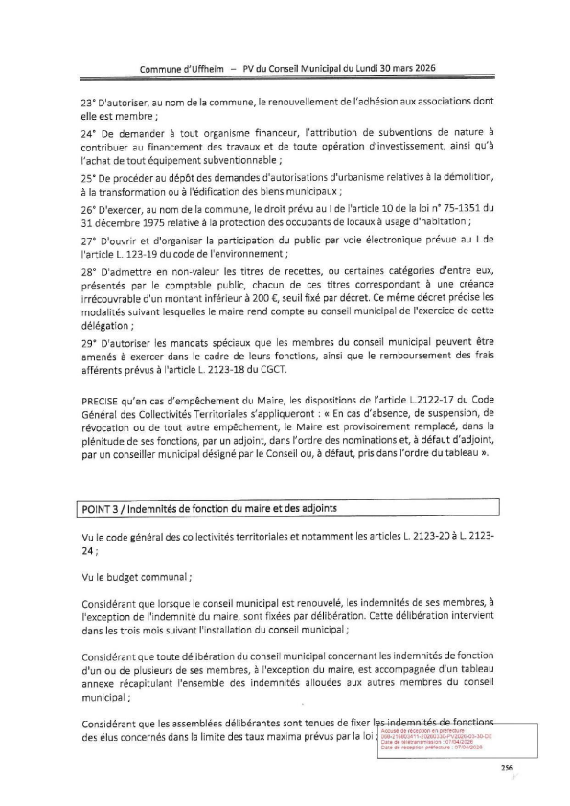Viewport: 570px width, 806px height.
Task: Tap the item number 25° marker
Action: [89, 179]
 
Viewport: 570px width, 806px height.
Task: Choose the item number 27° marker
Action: [89, 240]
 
